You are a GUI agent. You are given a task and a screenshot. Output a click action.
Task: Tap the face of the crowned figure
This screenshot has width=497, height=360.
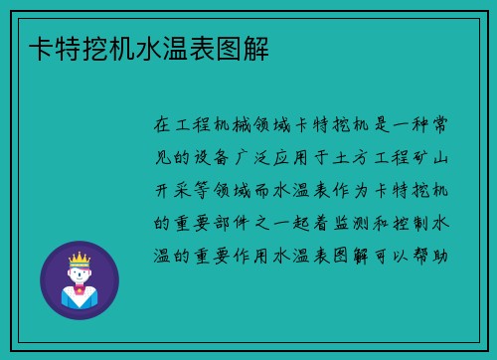pos(79,273)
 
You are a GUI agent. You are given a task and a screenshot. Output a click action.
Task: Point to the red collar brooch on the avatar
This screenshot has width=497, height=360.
pos(79,291)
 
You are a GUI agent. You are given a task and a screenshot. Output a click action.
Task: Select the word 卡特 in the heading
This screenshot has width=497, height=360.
pos(48,46)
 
